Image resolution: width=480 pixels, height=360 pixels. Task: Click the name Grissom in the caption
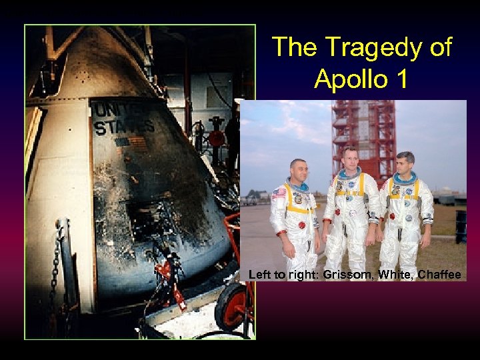pos(342,274)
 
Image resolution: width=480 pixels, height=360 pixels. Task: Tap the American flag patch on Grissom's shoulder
pos(278,193)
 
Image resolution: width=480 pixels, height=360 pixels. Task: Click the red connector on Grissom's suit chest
pos(301,225)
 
